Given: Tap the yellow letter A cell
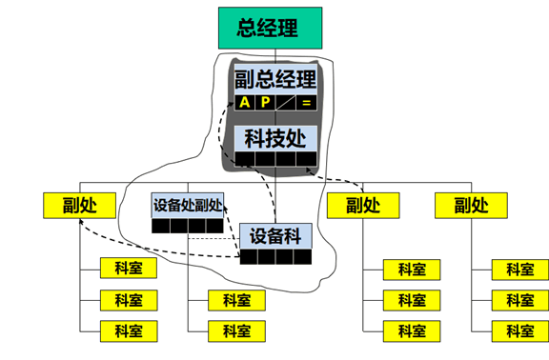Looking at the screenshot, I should tap(245, 103).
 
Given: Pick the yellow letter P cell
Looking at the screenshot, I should tap(265, 103).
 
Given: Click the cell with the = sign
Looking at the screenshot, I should tap(306, 103).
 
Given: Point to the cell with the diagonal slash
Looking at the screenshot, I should tap(286, 103).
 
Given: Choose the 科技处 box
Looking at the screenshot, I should tap(275, 138).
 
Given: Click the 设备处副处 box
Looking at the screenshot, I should tap(188, 205).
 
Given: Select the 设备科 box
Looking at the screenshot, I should tap(275, 234).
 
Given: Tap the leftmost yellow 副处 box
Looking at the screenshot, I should tap(79, 205).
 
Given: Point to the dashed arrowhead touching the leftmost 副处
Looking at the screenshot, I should tap(84, 221).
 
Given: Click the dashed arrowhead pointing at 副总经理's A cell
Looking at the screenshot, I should tap(234, 101).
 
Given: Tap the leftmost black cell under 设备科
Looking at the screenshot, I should tap(249, 257).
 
